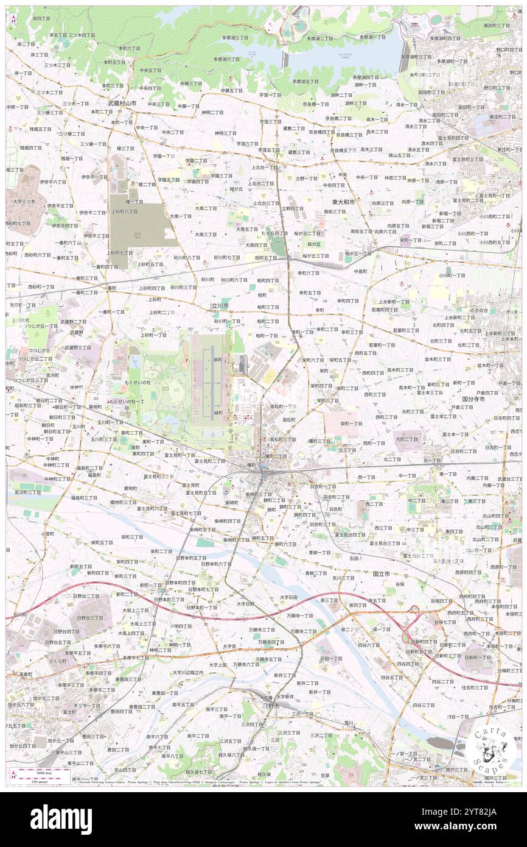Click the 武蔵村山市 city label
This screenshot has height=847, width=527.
point(122,104)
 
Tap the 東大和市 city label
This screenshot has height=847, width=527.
point(343,202)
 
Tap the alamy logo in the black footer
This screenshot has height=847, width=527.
point(61,819)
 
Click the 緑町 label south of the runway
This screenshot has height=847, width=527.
point(218,413)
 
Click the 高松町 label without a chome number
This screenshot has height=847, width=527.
point(288,420)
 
